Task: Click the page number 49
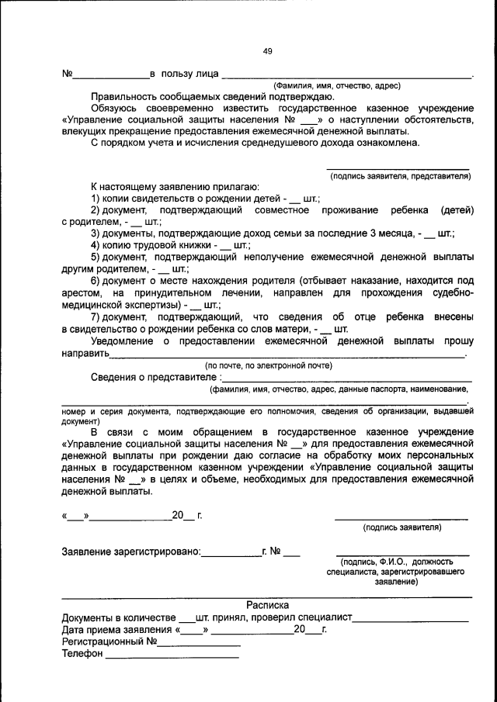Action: [267, 51]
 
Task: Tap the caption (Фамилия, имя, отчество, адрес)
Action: [335, 86]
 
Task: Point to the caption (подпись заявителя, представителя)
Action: [401, 176]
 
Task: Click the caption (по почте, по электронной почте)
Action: [268, 365]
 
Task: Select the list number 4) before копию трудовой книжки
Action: [96, 244]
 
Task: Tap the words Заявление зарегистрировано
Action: [130, 552]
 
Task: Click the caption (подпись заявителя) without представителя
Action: [401, 527]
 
